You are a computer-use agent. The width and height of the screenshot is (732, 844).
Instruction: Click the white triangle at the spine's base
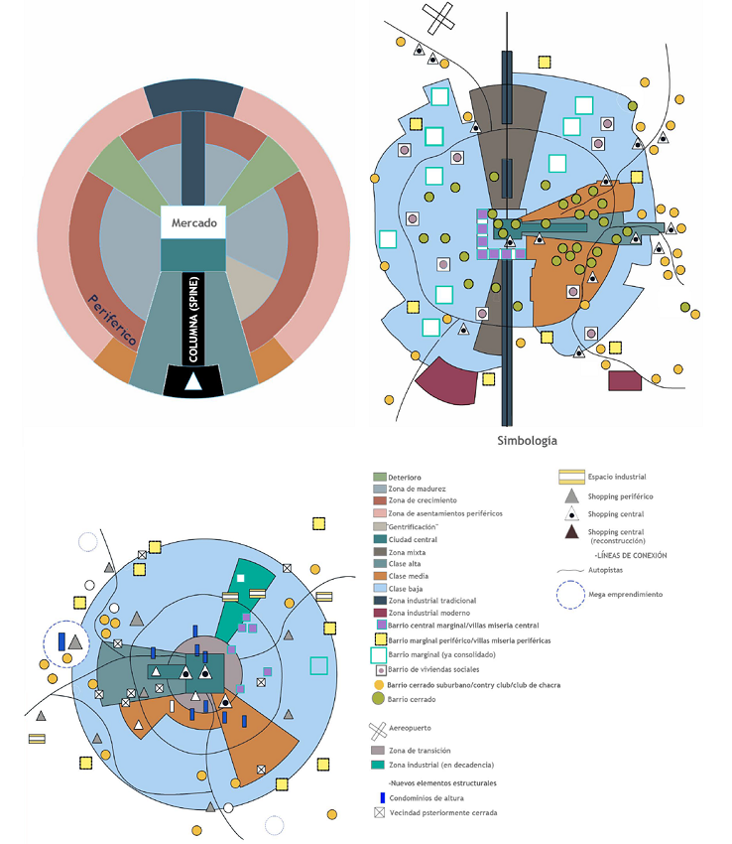(x=193, y=381)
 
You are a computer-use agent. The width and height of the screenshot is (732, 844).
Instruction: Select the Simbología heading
(x=525, y=440)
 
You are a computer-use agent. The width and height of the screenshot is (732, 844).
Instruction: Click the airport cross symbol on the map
(x=438, y=16)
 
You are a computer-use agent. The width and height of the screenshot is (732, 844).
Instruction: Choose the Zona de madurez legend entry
(x=418, y=489)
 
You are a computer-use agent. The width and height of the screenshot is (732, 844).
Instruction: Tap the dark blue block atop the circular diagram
(x=193, y=98)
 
